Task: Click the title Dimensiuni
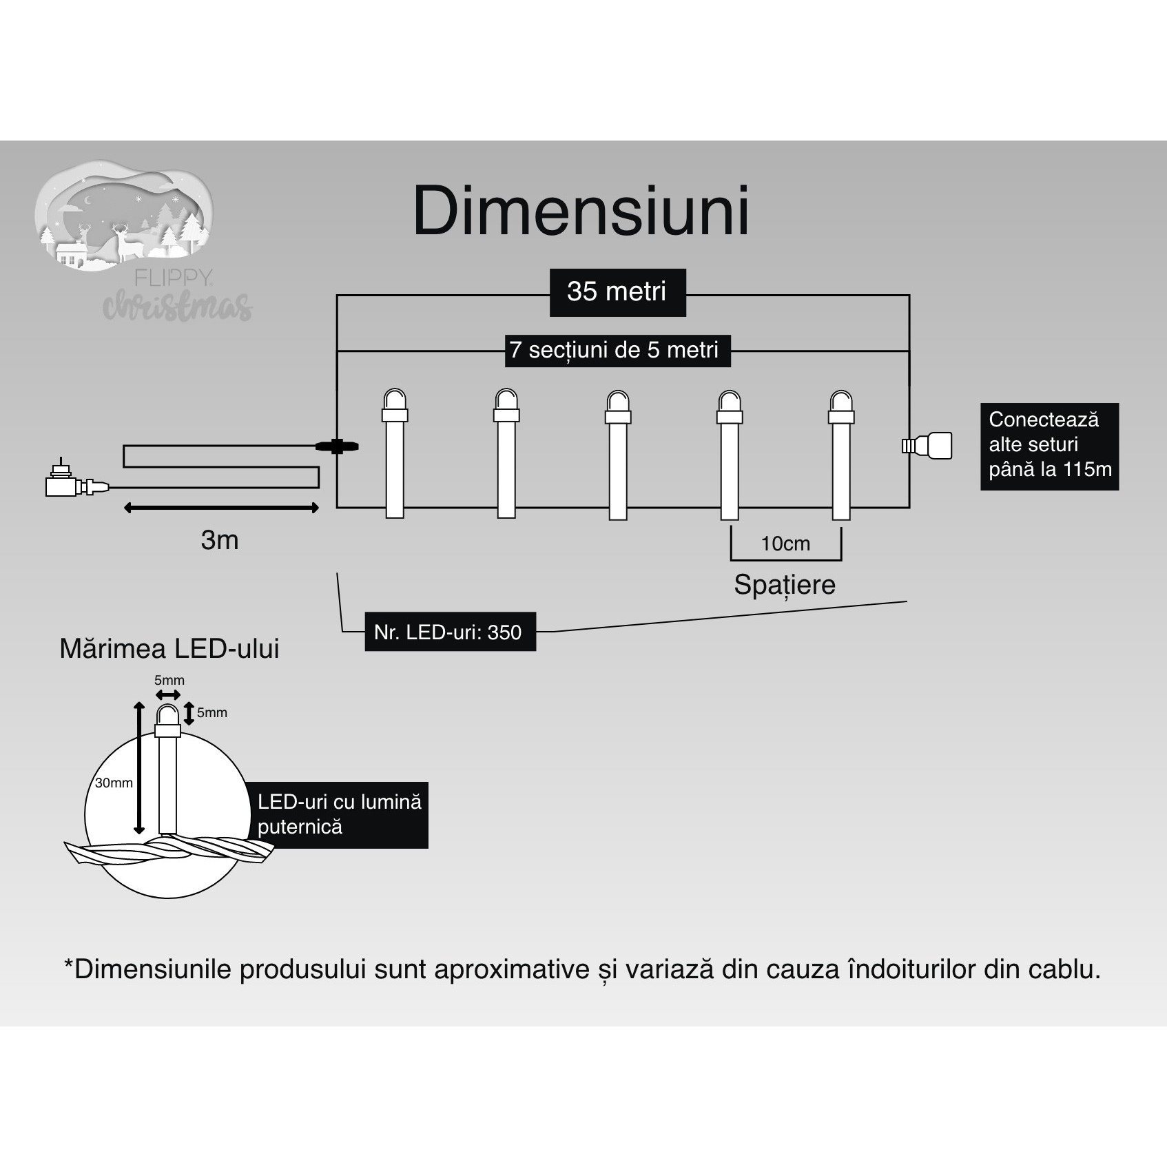pos(581,211)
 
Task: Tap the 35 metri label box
pos(617,292)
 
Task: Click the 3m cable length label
pos(220,540)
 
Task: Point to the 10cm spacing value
pos(785,544)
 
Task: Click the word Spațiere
pos(785,585)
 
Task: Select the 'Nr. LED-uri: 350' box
pos(449,632)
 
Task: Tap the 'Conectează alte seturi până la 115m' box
pos(1049,446)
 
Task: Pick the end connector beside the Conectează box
pos(928,446)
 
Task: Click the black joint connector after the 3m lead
pos(337,446)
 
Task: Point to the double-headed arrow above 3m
pos(221,508)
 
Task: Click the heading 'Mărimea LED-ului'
pos(169,649)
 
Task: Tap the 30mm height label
pos(114,783)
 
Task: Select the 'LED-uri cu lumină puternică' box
pos(339,814)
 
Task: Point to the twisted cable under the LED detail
pos(169,852)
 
